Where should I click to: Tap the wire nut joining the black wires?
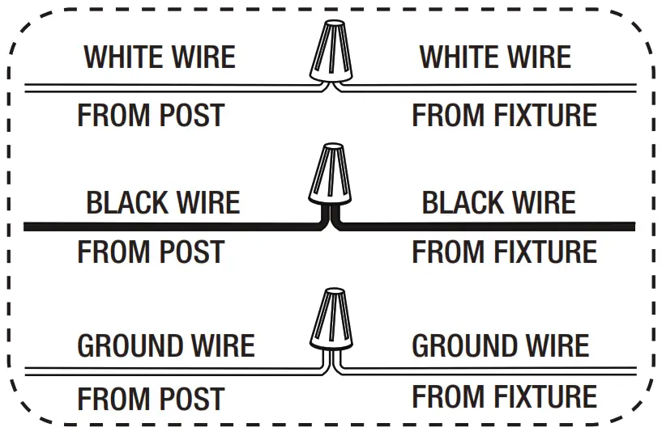pyautogui.click(x=331, y=174)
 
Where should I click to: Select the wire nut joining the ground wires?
pyautogui.click(x=331, y=319)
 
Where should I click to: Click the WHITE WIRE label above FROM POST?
pyautogui.click(x=160, y=57)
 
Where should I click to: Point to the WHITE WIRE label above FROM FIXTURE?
pyautogui.click(x=495, y=57)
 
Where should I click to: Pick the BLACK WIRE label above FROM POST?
pyautogui.click(x=163, y=202)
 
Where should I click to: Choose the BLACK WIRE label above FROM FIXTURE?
pyautogui.click(x=498, y=202)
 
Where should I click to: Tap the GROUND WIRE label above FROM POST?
pyautogui.click(x=166, y=346)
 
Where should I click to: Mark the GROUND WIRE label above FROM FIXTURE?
pyautogui.click(x=501, y=346)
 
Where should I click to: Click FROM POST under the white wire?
pyautogui.click(x=151, y=116)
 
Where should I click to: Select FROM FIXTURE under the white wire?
pyautogui.click(x=504, y=116)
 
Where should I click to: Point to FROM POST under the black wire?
pyautogui.click(x=151, y=253)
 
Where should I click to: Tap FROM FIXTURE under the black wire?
pyautogui.click(x=504, y=253)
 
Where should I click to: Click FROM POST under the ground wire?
pyautogui.click(x=151, y=400)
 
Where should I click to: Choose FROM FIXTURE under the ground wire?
pyautogui.click(x=504, y=398)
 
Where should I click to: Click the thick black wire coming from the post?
pyautogui.click(x=162, y=226)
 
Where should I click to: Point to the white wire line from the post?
pyautogui.click(x=162, y=87)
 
